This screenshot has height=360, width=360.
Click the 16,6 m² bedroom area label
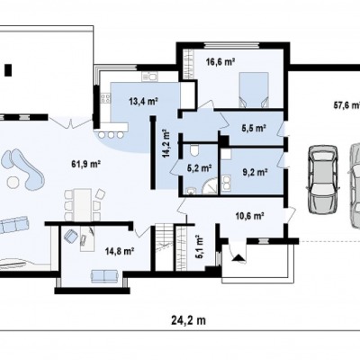click(x=220, y=62)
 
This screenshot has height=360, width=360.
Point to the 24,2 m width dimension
click(x=189, y=320)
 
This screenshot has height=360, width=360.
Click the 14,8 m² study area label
click(x=120, y=251)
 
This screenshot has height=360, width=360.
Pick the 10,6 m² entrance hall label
click(x=249, y=215)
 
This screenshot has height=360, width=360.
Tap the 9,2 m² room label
click(x=255, y=172)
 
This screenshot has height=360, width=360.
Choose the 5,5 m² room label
click(x=254, y=128)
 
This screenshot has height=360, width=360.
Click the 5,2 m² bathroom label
click(x=200, y=168)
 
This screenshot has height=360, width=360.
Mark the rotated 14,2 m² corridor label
click(x=166, y=143)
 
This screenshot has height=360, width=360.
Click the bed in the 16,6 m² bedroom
click(x=254, y=90)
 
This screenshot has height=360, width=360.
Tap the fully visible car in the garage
click(x=322, y=179)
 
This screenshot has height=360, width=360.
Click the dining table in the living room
click(x=83, y=203)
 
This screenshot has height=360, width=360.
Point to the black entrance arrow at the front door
click(x=239, y=258)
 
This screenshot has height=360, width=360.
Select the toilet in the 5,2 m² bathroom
click(x=194, y=150)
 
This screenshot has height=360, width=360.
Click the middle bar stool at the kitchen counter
click(x=112, y=134)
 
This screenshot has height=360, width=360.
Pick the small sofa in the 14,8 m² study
click(x=103, y=275)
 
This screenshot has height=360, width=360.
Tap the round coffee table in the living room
click(x=13, y=182)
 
